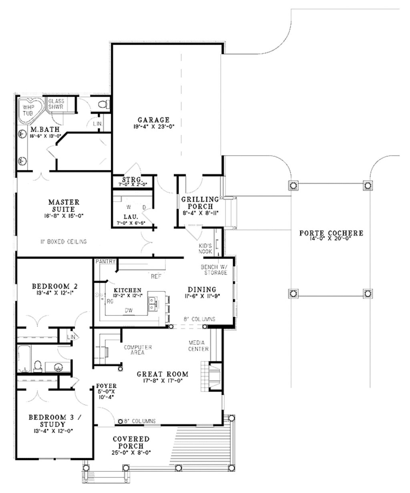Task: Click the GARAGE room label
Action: (x=154, y=120)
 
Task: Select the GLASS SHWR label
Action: (x=56, y=104)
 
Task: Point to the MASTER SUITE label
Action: (x=64, y=206)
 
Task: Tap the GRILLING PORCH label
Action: (x=200, y=202)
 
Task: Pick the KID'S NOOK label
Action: (x=205, y=249)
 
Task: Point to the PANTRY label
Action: (x=105, y=261)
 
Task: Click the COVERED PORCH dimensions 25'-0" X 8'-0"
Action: (x=131, y=453)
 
